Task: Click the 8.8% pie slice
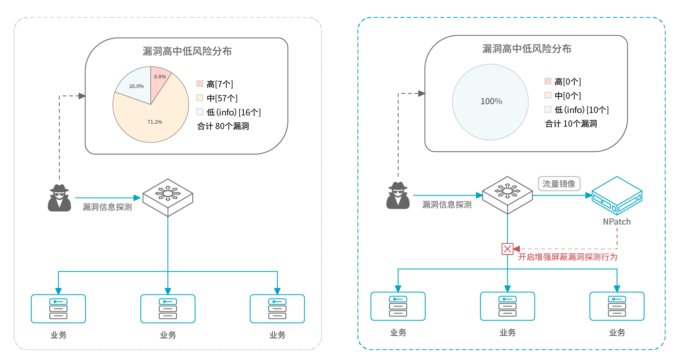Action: click(x=159, y=79)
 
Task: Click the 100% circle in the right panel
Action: click(x=490, y=102)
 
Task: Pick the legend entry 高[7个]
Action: click(x=215, y=84)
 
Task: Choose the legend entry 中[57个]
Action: click(x=217, y=98)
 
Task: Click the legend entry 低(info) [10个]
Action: click(x=577, y=110)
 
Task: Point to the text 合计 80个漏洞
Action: click(x=223, y=126)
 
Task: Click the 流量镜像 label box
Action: click(x=559, y=184)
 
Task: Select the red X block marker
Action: click(x=507, y=249)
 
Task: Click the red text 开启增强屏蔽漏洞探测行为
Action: click(x=567, y=257)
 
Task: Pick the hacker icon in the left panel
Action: click(x=59, y=198)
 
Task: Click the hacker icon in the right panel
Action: click(x=398, y=196)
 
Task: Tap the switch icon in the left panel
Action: click(x=168, y=197)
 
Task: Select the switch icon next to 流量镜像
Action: click(x=507, y=195)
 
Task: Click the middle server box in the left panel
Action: click(x=168, y=309)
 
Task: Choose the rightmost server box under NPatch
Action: click(x=617, y=306)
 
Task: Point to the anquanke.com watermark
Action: click(x=627, y=352)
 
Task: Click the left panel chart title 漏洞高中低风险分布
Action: click(x=187, y=51)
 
